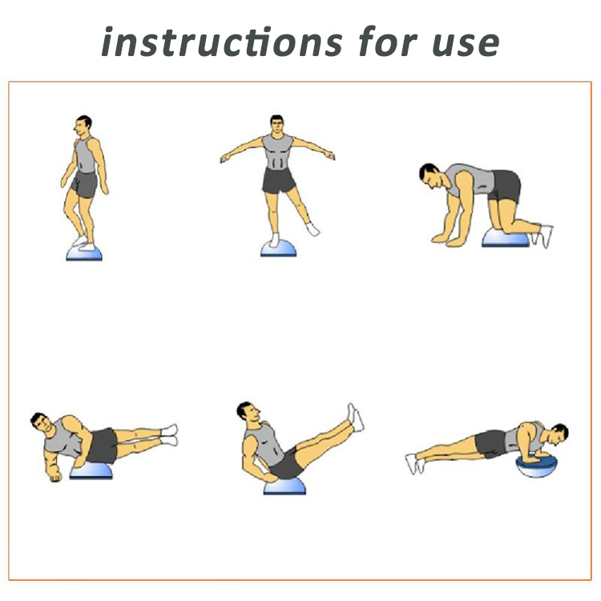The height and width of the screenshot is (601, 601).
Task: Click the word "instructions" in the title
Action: (222, 42)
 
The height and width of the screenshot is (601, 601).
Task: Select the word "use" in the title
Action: (466, 44)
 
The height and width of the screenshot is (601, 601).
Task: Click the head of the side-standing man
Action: (83, 125)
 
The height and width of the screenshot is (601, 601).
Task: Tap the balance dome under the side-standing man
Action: (84, 253)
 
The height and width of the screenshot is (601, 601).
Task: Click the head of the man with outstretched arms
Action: (276, 124)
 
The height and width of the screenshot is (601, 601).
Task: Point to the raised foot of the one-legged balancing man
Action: (313, 229)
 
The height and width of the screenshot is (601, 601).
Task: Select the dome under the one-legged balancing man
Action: (278, 248)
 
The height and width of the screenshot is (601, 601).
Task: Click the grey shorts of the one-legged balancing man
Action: (279, 180)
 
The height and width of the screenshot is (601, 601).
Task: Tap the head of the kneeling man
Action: (430, 176)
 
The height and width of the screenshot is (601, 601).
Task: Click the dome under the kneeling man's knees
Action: (505, 238)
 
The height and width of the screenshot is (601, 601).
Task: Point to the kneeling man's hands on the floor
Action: (446, 240)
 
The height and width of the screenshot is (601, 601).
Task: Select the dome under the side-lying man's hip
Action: (91, 470)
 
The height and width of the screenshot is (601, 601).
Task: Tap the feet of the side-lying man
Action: (170, 434)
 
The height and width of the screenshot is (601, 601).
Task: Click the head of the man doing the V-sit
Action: (248, 412)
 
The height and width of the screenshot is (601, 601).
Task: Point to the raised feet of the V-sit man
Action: (355, 417)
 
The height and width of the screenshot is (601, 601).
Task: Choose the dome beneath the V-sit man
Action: (284, 486)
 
